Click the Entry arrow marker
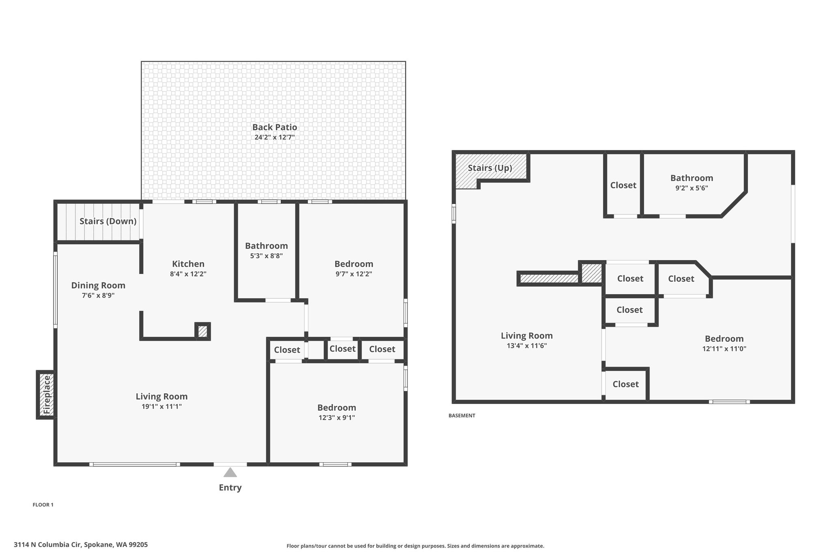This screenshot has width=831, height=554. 230,472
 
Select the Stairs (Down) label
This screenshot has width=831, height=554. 108,221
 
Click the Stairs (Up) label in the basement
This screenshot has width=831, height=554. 490,168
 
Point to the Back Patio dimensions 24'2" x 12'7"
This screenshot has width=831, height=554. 275,137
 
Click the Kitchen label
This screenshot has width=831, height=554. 188,264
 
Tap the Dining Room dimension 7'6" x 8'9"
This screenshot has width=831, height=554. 98,295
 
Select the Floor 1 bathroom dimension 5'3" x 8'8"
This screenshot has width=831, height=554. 267,256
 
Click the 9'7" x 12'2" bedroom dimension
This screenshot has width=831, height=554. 354,274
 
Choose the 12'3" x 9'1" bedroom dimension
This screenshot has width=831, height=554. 337,418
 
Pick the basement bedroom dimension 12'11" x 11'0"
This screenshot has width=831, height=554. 724,349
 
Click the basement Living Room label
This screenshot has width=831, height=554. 527,336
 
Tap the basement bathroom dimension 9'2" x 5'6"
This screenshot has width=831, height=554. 692,188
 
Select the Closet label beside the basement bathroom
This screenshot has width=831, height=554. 623,185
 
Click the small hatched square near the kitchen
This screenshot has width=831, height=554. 202,331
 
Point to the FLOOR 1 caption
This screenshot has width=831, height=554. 43,505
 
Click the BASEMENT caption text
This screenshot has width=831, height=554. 462,416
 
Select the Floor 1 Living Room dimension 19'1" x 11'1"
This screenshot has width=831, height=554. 161,407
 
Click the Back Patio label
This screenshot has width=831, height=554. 275,127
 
